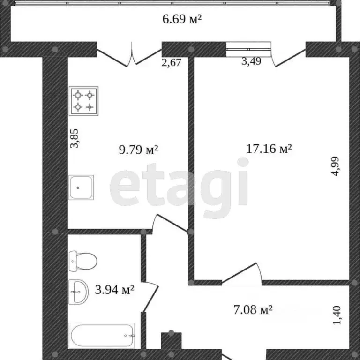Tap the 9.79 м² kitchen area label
tap(139, 150)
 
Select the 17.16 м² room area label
tap(269, 149)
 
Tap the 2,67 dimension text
tap(171, 62)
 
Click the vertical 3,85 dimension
tap(74, 139)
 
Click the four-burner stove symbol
tap(84, 101)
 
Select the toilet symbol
tap(82, 261)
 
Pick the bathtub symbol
tap(103, 335)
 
